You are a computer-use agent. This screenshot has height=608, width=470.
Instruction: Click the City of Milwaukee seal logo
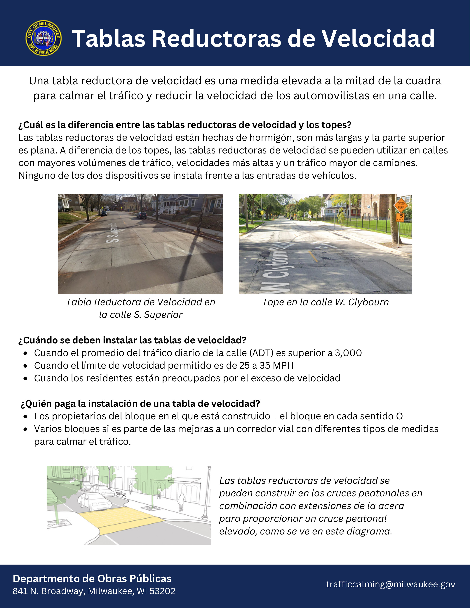(x=43, y=38)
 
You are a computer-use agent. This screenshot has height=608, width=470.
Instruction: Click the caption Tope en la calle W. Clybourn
(x=325, y=302)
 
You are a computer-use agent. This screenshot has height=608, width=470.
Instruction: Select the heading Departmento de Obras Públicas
(x=92, y=579)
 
